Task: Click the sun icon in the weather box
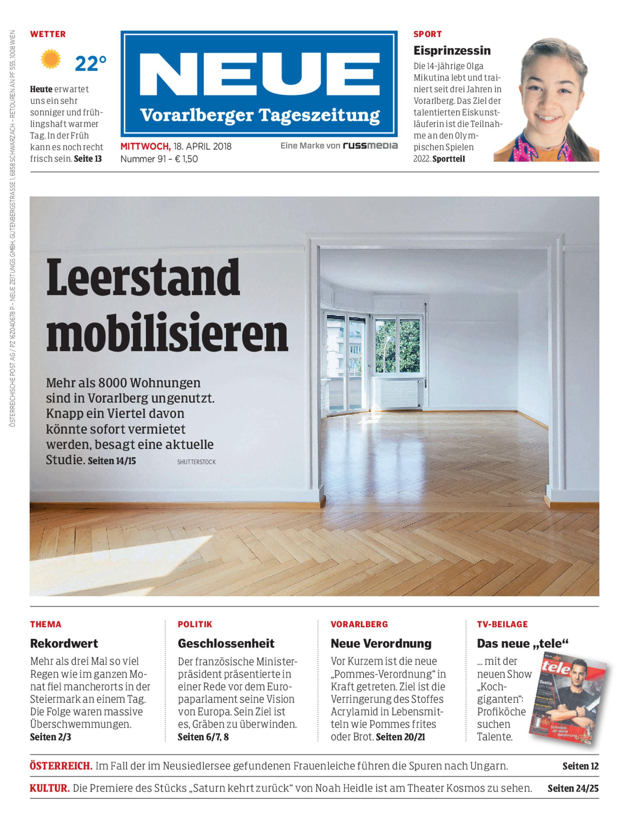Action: pyautogui.click(x=51, y=59)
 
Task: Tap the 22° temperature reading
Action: pyautogui.click(x=91, y=64)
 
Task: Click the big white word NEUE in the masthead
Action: pyautogui.click(x=259, y=75)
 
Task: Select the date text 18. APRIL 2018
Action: pyautogui.click(x=202, y=146)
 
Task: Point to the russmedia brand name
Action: pyautogui.click(x=370, y=146)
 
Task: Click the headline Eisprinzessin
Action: pyautogui.click(x=452, y=51)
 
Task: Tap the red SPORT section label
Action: pyautogui.click(x=427, y=34)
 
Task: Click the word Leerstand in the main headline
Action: pyautogui.click(x=143, y=278)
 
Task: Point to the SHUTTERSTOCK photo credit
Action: pyautogui.click(x=196, y=462)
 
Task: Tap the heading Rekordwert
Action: pyautogui.click(x=64, y=643)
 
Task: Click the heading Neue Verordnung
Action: pyautogui.click(x=381, y=643)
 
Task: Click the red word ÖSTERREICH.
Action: pyautogui.click(x=61, y=766)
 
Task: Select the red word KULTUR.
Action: pyautogui.click(x=50, y=788)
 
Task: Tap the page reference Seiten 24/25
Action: pyautogui.click(x=573, y=788)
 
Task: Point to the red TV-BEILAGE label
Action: pyautogui.click(x=502, y=624)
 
